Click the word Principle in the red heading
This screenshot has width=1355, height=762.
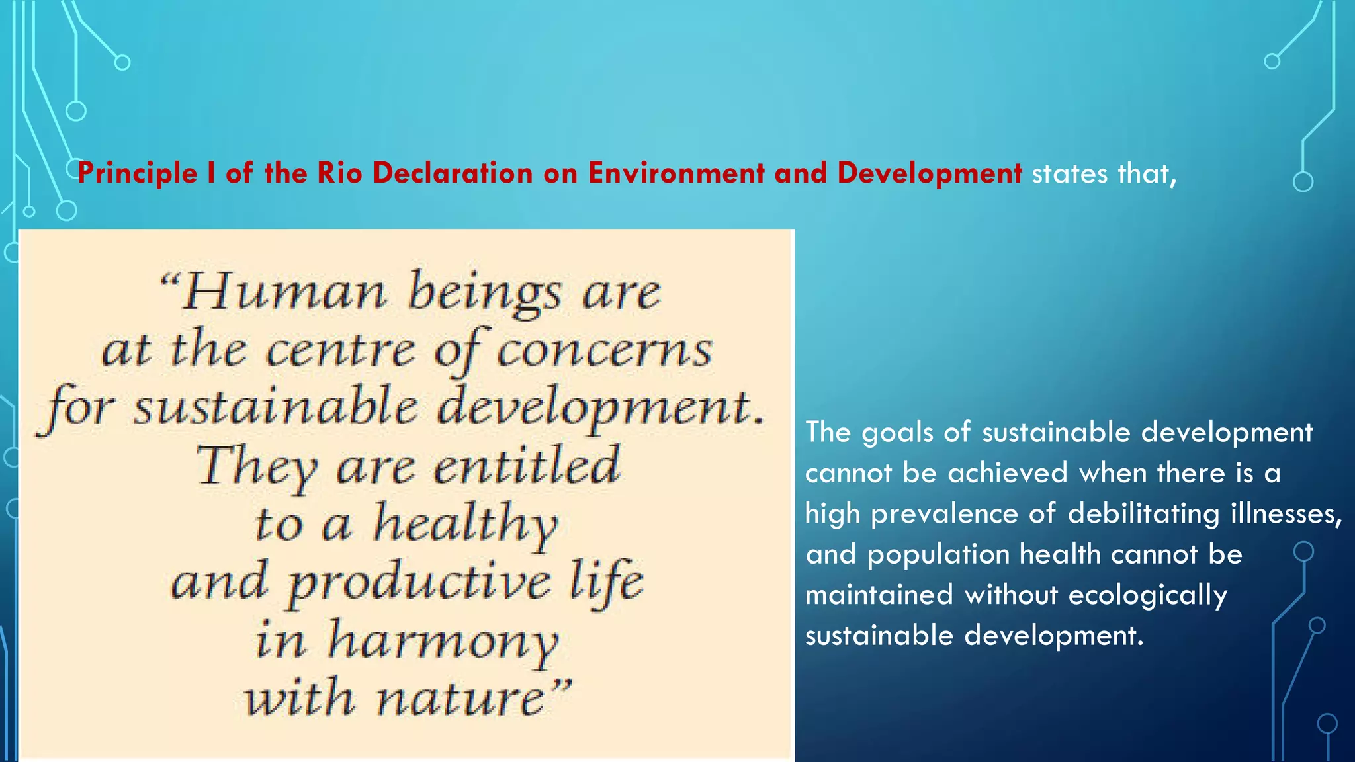[x=137, y=174]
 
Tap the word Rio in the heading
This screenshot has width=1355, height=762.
[x=339, y=173]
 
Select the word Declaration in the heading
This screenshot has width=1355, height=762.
[x=453, y=173]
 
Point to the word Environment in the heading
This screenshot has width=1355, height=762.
[x=676, y=173]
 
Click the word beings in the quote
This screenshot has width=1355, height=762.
[x=485, y=292]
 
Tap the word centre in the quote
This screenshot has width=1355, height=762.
[x=341, y=350]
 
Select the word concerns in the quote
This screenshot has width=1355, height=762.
[x=604, y=350]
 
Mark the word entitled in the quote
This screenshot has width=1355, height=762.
[x=527, y=466]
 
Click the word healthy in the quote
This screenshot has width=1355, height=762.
[x=466, y=524]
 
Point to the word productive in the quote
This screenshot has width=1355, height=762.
[x=419, y=582]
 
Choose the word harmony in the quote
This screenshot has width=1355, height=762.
[x=443, y=640]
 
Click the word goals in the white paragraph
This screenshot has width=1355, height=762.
[x=896, y=433]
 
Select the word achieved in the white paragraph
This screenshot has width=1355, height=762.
[x=1008, y=473]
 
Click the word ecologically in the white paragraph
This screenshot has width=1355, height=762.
[x=1147, y=595]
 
